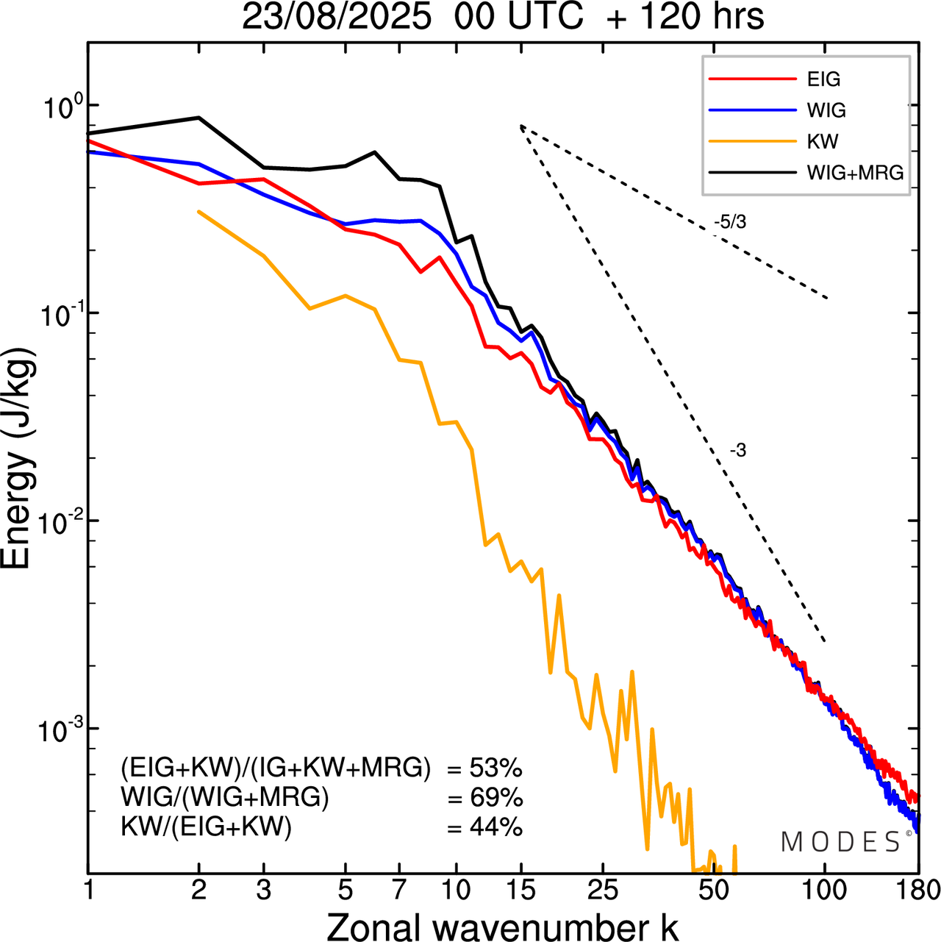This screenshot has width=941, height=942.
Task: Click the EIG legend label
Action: pos(823,79)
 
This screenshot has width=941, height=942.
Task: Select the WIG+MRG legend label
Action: pos(855,173)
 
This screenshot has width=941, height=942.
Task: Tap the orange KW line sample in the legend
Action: pos(753,141)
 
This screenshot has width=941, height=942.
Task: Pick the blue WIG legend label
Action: pos(826,110)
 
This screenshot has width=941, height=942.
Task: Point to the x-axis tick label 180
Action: pos(918,891)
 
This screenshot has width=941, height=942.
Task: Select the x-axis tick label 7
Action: pos(399,891)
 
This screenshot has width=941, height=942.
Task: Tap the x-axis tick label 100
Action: pos(825,891)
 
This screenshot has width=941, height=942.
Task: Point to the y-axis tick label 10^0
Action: pos(60,107)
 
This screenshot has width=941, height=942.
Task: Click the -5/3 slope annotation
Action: pos(729,221)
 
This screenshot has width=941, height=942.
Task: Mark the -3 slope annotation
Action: pos(737,451)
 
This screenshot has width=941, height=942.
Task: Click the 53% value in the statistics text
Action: pos(495,768)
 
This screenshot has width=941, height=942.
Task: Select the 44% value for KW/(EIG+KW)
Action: pos(495,827)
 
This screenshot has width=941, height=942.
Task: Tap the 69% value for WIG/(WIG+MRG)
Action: pos(495,798)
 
